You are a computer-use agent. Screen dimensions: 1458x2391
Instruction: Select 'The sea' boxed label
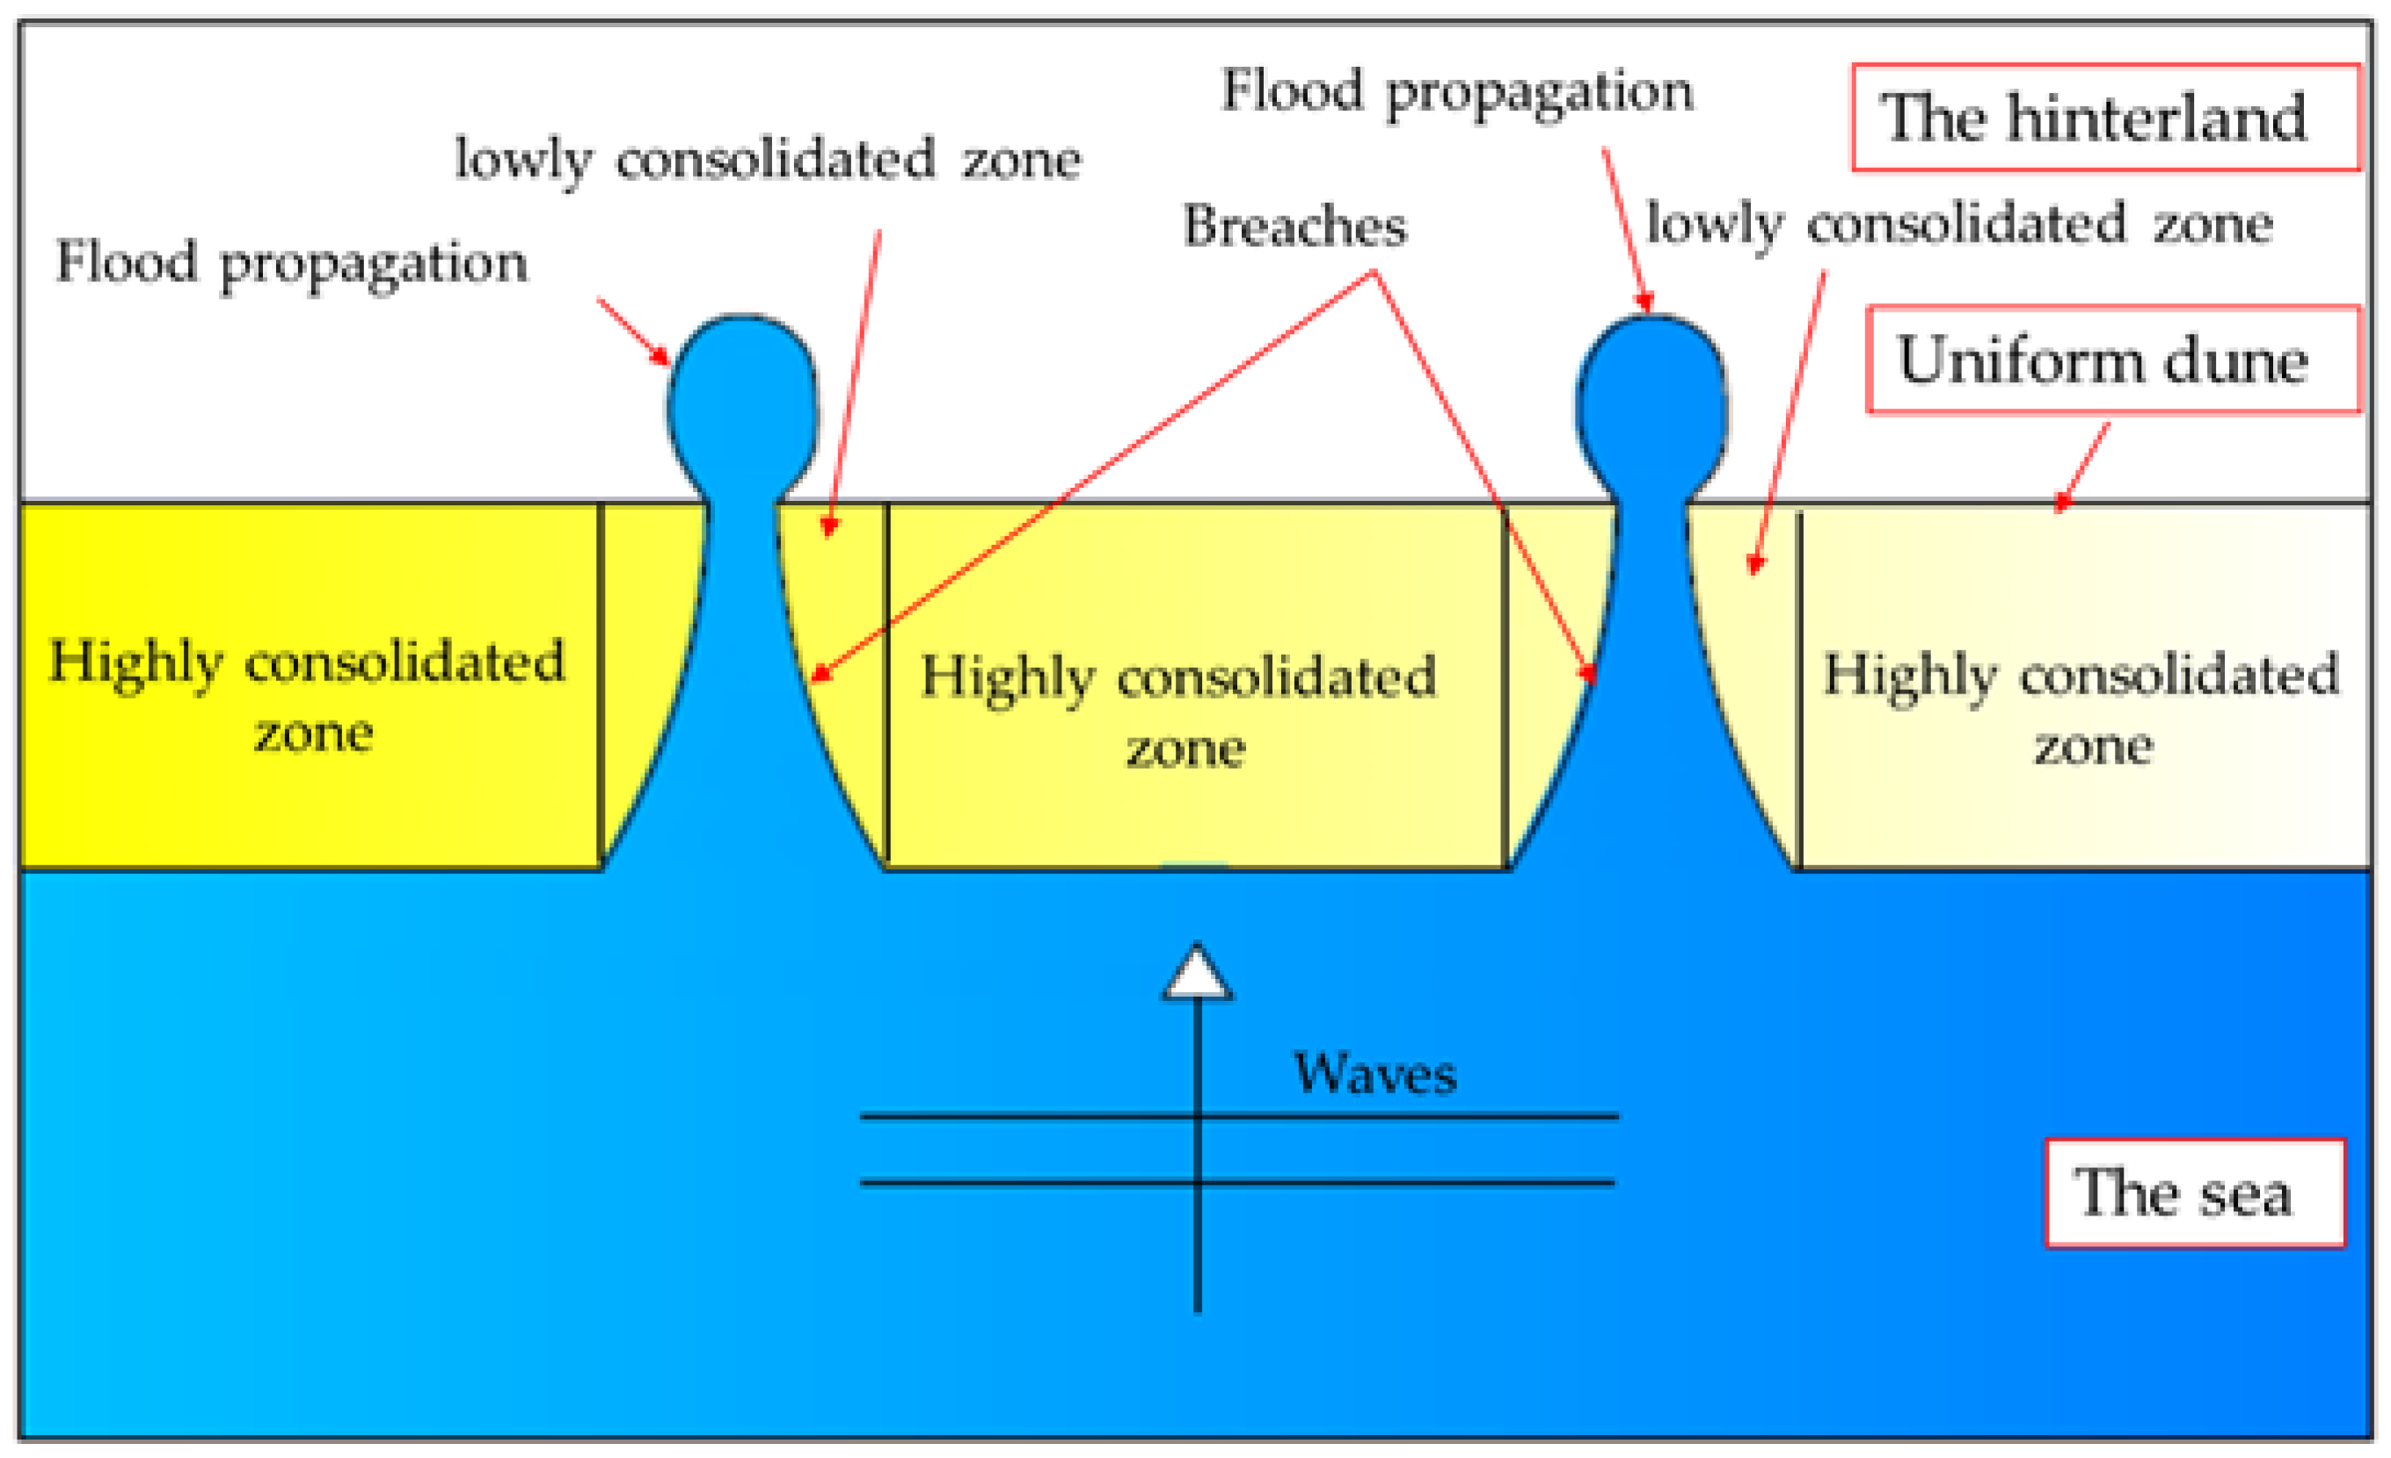[2195, 1193]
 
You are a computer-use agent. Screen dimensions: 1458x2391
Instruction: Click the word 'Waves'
[1374, 1073]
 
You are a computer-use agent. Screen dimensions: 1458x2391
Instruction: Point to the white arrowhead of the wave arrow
[1198, 973]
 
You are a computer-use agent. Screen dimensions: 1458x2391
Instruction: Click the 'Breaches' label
[1294, 226]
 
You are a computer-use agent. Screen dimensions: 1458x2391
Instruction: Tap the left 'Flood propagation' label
[291, 262]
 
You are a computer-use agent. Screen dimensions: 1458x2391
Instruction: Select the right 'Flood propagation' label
[1456, 91]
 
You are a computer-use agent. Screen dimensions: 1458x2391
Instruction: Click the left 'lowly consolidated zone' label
[768, 159]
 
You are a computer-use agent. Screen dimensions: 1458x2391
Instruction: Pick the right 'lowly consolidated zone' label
[1959, 224]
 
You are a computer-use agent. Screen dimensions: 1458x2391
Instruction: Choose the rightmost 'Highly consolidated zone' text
[2081, 709]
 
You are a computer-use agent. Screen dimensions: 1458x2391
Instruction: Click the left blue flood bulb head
[742, 398]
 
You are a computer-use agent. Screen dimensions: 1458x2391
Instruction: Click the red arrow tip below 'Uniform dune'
[2061, 504]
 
